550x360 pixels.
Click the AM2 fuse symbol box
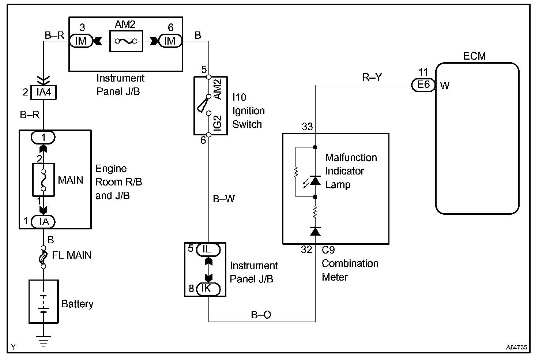tap(126, 41)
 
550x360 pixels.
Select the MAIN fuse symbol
tap(44, 180)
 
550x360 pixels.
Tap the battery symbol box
tap(44, 301)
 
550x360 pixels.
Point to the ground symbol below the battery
tap(44, 341)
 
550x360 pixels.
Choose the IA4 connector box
tap(44, 92)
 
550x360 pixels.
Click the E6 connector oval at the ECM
tap(423, 85)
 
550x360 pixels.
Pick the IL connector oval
tap(207, 250)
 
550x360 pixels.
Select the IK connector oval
tap(207, 289)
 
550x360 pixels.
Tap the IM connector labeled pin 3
tap(80, 41)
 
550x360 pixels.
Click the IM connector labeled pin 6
tap(170, 41)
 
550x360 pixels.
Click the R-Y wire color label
tap(372, 77)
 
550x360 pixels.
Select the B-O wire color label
tap(261, 315)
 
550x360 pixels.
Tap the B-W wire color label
tap(224, 199)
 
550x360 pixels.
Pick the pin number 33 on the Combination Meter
tap(307, 127)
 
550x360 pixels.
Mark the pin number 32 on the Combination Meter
tap(306, 250)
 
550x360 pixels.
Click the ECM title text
tap(474, 56)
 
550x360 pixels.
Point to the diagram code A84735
tap(517, 348)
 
